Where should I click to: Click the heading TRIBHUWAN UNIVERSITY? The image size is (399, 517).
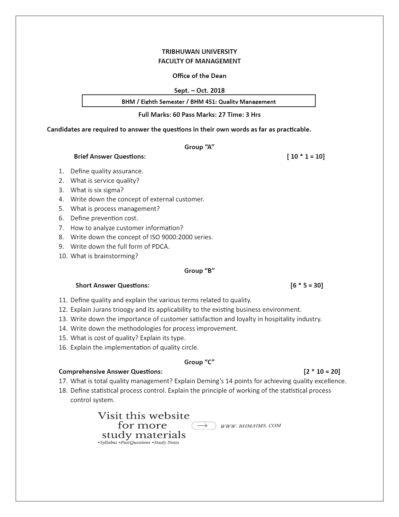coord(199,52)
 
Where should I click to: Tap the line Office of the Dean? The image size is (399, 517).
coord(199,76)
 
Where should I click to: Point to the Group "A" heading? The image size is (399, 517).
coord(199,147)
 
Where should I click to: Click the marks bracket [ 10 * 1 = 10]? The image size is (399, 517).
coord(306,156)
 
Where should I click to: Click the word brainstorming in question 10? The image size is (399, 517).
coord(116,256)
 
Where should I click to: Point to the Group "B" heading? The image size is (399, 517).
coord(199,271)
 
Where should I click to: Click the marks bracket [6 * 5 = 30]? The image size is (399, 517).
coord(306,285)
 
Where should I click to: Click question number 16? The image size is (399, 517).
coord(63,347)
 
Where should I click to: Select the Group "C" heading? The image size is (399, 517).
coord(199,362)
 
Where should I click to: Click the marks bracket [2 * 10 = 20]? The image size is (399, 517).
coord(322,371)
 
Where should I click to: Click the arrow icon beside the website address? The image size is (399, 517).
coord(204,426)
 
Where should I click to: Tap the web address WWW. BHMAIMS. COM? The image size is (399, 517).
coord(251,426)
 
